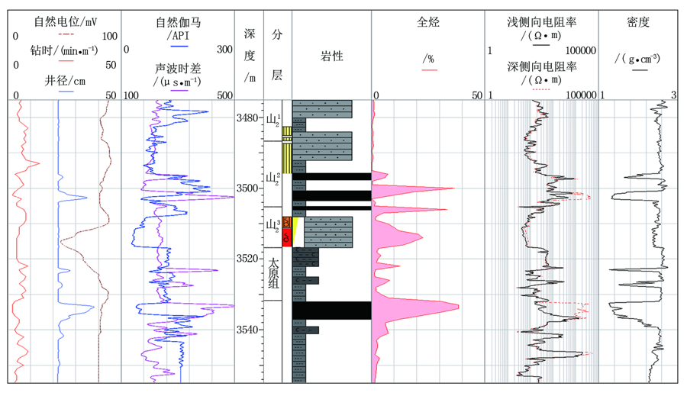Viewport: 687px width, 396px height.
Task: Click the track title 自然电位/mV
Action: point(66,21)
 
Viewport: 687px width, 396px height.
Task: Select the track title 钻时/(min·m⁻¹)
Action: point(64,51)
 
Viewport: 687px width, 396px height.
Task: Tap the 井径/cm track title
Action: point(65,81)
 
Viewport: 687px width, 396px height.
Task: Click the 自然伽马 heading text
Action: point(178,22)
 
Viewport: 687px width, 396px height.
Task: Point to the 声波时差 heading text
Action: point(177,69)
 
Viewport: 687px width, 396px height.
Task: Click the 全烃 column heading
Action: point(427,22)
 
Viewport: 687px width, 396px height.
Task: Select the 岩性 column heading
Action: point(332,56)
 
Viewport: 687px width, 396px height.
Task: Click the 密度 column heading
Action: point(638,22)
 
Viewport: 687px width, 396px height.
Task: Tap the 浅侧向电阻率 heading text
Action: point(541,22)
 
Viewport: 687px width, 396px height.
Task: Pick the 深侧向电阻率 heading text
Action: point(541,66)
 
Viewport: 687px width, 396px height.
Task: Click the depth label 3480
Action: point(247,118)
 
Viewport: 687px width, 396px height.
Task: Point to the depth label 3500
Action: point(247,188)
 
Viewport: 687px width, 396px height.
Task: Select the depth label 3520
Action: point(247,259)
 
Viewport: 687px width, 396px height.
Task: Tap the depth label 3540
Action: point(247,330)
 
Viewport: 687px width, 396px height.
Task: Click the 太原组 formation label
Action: point(273,274)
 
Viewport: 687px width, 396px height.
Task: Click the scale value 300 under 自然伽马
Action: point(224,49)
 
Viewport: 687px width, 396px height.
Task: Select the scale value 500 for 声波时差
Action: point(224,95)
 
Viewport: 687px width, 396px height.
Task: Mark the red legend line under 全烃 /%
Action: point(429,69)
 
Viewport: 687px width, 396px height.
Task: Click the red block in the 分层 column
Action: point(286,237)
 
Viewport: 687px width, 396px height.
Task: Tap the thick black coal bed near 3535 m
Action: point(332,310)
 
